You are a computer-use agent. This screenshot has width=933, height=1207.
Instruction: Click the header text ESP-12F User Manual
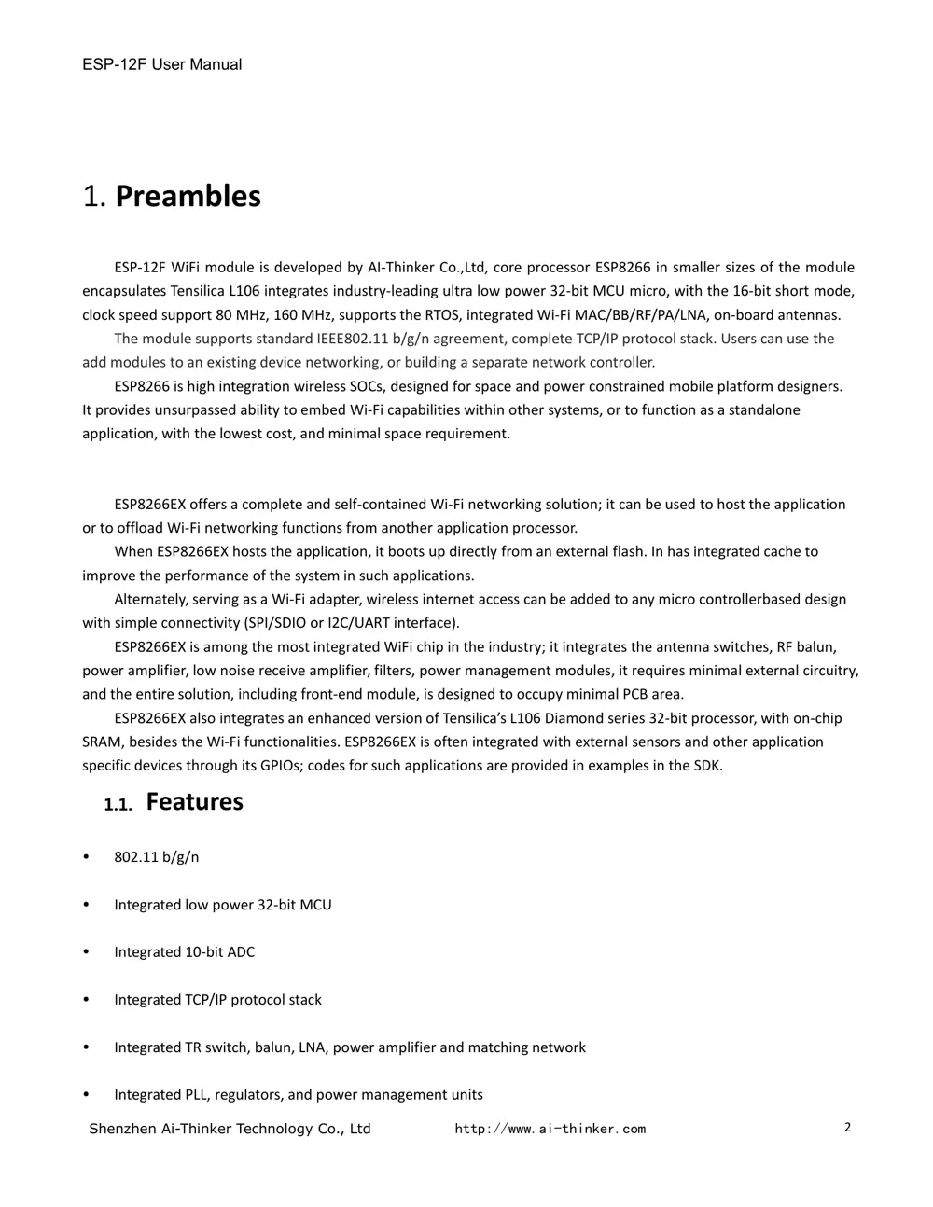(x=161, y=64)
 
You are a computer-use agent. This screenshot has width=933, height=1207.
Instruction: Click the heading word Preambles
(x=188, y=196)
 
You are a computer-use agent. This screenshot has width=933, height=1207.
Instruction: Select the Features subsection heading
(x=194, y=801)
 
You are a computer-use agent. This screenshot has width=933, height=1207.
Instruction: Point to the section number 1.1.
(x=118, y=804)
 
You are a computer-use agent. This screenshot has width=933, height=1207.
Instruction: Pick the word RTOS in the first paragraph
(x=441, y=314)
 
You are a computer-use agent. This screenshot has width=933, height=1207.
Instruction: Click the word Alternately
(x=151, y=599)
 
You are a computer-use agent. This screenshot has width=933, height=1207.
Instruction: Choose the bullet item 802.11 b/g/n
(x=156, y=857)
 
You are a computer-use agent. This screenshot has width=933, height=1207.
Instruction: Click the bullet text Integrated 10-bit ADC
(x=184, y=951)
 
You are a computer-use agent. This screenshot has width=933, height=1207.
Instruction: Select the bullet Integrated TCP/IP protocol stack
(x=217, y=999)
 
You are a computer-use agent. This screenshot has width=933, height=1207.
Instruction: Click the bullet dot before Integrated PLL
(x=87, y=1094)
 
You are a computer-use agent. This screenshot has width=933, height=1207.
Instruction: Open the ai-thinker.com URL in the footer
(x=550, y=1129)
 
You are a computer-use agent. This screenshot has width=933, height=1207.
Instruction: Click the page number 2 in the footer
(x=847, y=1127)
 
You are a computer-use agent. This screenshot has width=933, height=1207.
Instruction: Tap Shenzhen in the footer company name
(x=122, y=1129)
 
